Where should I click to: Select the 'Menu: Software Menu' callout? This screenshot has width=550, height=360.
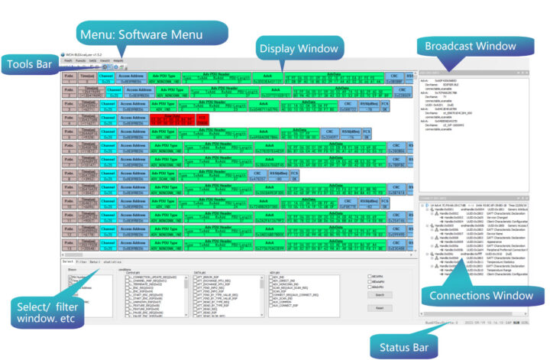point(138,34)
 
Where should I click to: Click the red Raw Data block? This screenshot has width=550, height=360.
point(170,120)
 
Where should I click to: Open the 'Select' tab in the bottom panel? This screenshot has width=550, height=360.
point(67,261)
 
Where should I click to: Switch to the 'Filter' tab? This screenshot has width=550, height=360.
point(80,261)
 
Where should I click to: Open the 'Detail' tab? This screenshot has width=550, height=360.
point(95,261)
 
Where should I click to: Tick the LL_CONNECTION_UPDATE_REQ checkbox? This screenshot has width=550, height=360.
point(128,274)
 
